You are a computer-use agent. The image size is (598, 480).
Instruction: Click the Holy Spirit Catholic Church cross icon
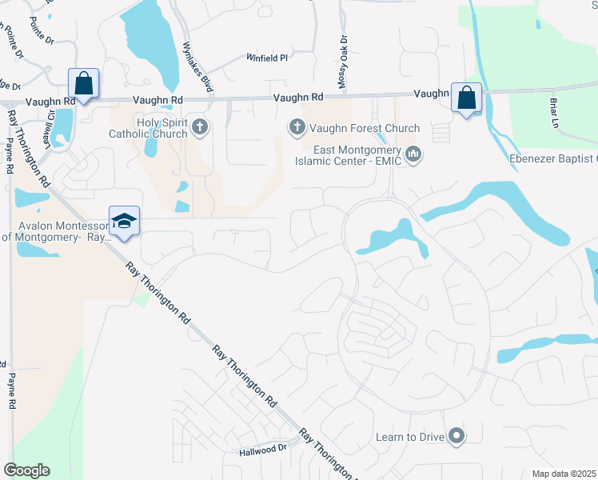200,126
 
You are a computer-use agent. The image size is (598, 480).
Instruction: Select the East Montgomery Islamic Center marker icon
413,153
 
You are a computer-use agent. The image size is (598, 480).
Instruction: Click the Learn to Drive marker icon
456,436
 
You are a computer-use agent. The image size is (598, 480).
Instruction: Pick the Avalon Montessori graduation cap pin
125,221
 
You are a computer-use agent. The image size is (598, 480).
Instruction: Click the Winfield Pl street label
267,58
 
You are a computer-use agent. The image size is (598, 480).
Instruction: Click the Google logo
26,470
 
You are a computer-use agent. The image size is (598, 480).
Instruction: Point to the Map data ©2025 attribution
564,474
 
